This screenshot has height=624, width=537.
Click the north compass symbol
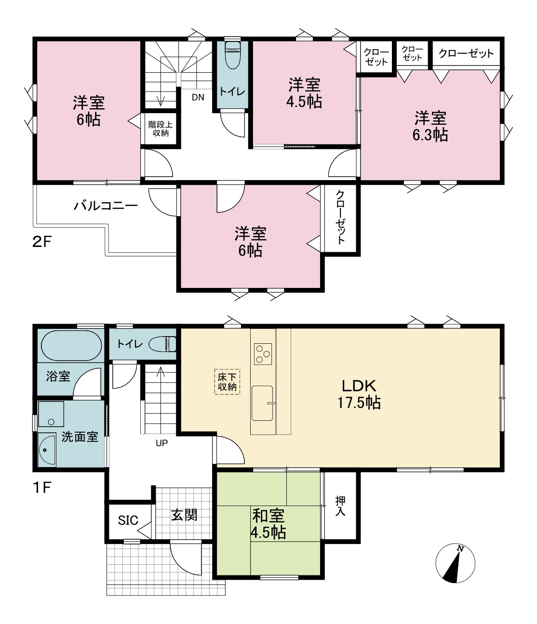pos(455,563)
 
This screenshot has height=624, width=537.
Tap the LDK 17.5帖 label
pos(359,394)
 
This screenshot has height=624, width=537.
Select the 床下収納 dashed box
pos(227,382)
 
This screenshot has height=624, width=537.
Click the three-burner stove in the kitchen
pos(263,354)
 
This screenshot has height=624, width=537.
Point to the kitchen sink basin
pos(262,403)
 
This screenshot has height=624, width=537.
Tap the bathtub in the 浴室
pos(71,346)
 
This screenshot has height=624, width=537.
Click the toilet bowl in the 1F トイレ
pos(162,344)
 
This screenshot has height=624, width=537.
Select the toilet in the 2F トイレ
pos(233,55)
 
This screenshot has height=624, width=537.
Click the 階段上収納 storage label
pos(160,129)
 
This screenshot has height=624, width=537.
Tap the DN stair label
pos(198,97)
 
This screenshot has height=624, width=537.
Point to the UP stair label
pos(161,443)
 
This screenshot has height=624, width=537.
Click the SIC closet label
pos(128,520)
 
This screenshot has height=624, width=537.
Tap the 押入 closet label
pos(340,506)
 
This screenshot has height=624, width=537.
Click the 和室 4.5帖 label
pos(268,524)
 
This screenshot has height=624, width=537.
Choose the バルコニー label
pos(106,206)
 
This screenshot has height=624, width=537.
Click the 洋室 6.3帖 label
pos(430,126)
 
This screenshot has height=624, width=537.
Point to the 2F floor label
pos(42,242)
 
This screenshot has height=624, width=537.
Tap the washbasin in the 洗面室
pos(47,450)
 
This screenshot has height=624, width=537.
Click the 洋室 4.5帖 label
pos(304,93)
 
